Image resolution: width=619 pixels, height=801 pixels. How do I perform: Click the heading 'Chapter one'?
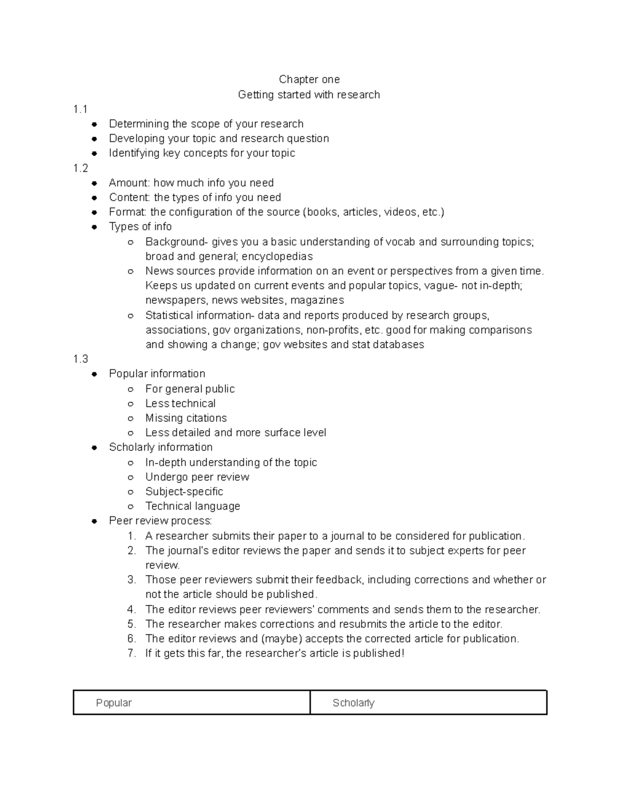309,79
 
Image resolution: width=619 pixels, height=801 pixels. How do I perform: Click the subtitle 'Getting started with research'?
308,95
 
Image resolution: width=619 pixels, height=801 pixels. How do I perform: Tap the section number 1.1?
80,109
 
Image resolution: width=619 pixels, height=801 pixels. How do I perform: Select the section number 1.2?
80,168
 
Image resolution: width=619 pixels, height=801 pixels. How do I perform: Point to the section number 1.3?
80,359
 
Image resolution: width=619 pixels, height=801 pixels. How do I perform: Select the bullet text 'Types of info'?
140,227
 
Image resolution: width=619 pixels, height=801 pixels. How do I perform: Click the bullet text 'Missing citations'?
186,418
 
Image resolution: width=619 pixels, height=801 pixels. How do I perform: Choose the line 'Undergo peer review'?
197,477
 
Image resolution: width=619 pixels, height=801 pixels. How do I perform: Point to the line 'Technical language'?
192,506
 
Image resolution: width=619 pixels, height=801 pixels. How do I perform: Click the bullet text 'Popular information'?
157,374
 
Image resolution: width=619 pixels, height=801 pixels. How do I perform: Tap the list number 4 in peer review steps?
132,610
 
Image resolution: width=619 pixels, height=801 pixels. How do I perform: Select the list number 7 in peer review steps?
132,653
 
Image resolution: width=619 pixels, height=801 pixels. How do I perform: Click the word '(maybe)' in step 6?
282,639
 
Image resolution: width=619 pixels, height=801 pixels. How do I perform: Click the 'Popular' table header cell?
191,703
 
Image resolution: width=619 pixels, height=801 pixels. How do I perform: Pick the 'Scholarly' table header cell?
428,703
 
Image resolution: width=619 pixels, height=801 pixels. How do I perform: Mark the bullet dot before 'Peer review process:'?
94,521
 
